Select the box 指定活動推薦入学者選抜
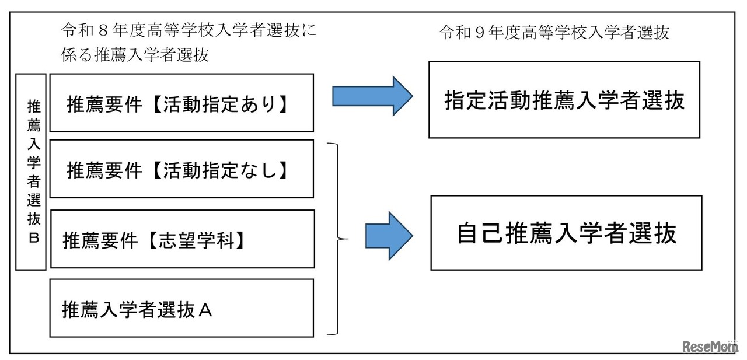(564, 100)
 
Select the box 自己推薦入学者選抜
(566, 233)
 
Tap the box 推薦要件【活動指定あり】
(181, 103)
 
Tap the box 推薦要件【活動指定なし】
(181, 169)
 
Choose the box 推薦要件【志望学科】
(181, 240)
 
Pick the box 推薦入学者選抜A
(181, 308)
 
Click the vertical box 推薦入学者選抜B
(30, 172)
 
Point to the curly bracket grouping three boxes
(336, 238)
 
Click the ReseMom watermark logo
(708, 347)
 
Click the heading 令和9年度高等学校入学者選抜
(554, 33)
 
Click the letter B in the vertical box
(31, 238)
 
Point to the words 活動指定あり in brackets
(223, 103)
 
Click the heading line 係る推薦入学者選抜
(135, 55)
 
